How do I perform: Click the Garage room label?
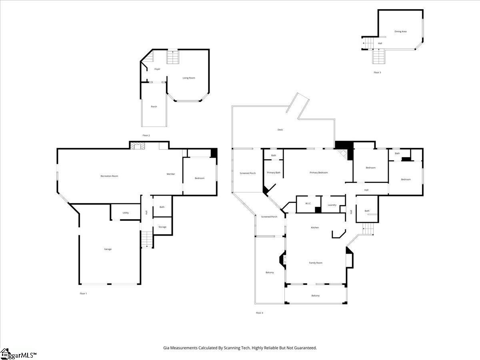pos(108,249)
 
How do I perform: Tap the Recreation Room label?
pos(109,176)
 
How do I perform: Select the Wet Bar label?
pos(171,174)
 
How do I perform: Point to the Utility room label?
pos(126,213)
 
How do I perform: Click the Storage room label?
pos(162,227)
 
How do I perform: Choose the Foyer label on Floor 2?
pos(157,69)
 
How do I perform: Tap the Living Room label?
pos(189,78)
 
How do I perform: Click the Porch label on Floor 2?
pos(154,107)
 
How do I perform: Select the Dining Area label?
pos(400,32)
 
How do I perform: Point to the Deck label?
pos(280,130)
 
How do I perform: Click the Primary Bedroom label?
pos(318,173)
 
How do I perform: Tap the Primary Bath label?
pos(274,173)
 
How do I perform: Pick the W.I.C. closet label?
pos(308,204)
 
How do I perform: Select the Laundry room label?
pos(332,205)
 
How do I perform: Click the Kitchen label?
pos(315,228)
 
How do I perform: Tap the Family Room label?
pos(316,263)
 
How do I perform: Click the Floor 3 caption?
pos(377,72)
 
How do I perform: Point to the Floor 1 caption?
pos(83,294)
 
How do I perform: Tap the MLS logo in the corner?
pos(18,354)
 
